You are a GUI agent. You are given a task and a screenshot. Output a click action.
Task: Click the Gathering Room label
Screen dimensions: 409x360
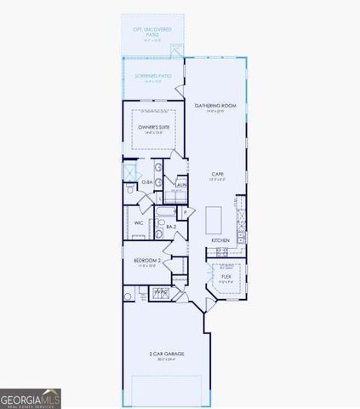[x=214, y=107]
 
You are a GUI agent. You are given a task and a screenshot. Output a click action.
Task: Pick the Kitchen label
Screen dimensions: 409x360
[x=220, y=240]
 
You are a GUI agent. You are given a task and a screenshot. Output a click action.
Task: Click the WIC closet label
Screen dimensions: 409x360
[x=138, y=223]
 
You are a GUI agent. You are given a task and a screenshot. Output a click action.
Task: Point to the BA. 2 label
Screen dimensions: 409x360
[x=171, y=227]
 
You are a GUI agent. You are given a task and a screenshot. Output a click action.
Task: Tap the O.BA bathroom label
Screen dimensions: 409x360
[x=147, y=182]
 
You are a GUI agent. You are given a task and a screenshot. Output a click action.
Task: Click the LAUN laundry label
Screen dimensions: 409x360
[x=180, y=184]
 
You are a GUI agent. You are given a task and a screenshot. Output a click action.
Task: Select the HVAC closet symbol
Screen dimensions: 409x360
[x=162, y=292]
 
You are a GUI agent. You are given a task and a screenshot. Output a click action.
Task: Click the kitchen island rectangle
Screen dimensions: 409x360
[x=214, y=218]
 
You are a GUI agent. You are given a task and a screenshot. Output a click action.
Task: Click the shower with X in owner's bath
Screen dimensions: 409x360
[x=131, y=171]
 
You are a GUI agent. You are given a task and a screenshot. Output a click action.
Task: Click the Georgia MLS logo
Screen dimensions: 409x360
[x=30, y=398]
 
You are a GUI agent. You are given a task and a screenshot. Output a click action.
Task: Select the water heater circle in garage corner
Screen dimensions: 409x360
[x=129, y=296]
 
